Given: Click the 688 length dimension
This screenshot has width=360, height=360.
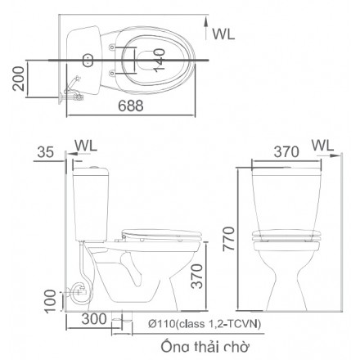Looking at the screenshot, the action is point(131,106).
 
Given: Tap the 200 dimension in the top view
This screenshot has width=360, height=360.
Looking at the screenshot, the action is point(19,79).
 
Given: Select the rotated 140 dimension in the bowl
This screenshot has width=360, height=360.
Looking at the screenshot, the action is point(159,61).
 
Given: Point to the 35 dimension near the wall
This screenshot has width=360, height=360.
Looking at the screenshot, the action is point(45,152).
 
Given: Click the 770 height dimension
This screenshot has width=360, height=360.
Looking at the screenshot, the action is point(228,239).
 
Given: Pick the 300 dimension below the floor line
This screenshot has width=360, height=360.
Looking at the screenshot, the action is point(94,319).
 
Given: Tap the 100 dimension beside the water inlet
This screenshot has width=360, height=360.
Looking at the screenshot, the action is point(51,301).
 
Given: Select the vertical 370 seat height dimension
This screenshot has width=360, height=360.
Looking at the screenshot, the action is point(196,276).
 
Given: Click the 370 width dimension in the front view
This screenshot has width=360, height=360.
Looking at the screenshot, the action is point(286,152).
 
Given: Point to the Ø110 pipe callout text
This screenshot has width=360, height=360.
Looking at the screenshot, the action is point(205,324).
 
